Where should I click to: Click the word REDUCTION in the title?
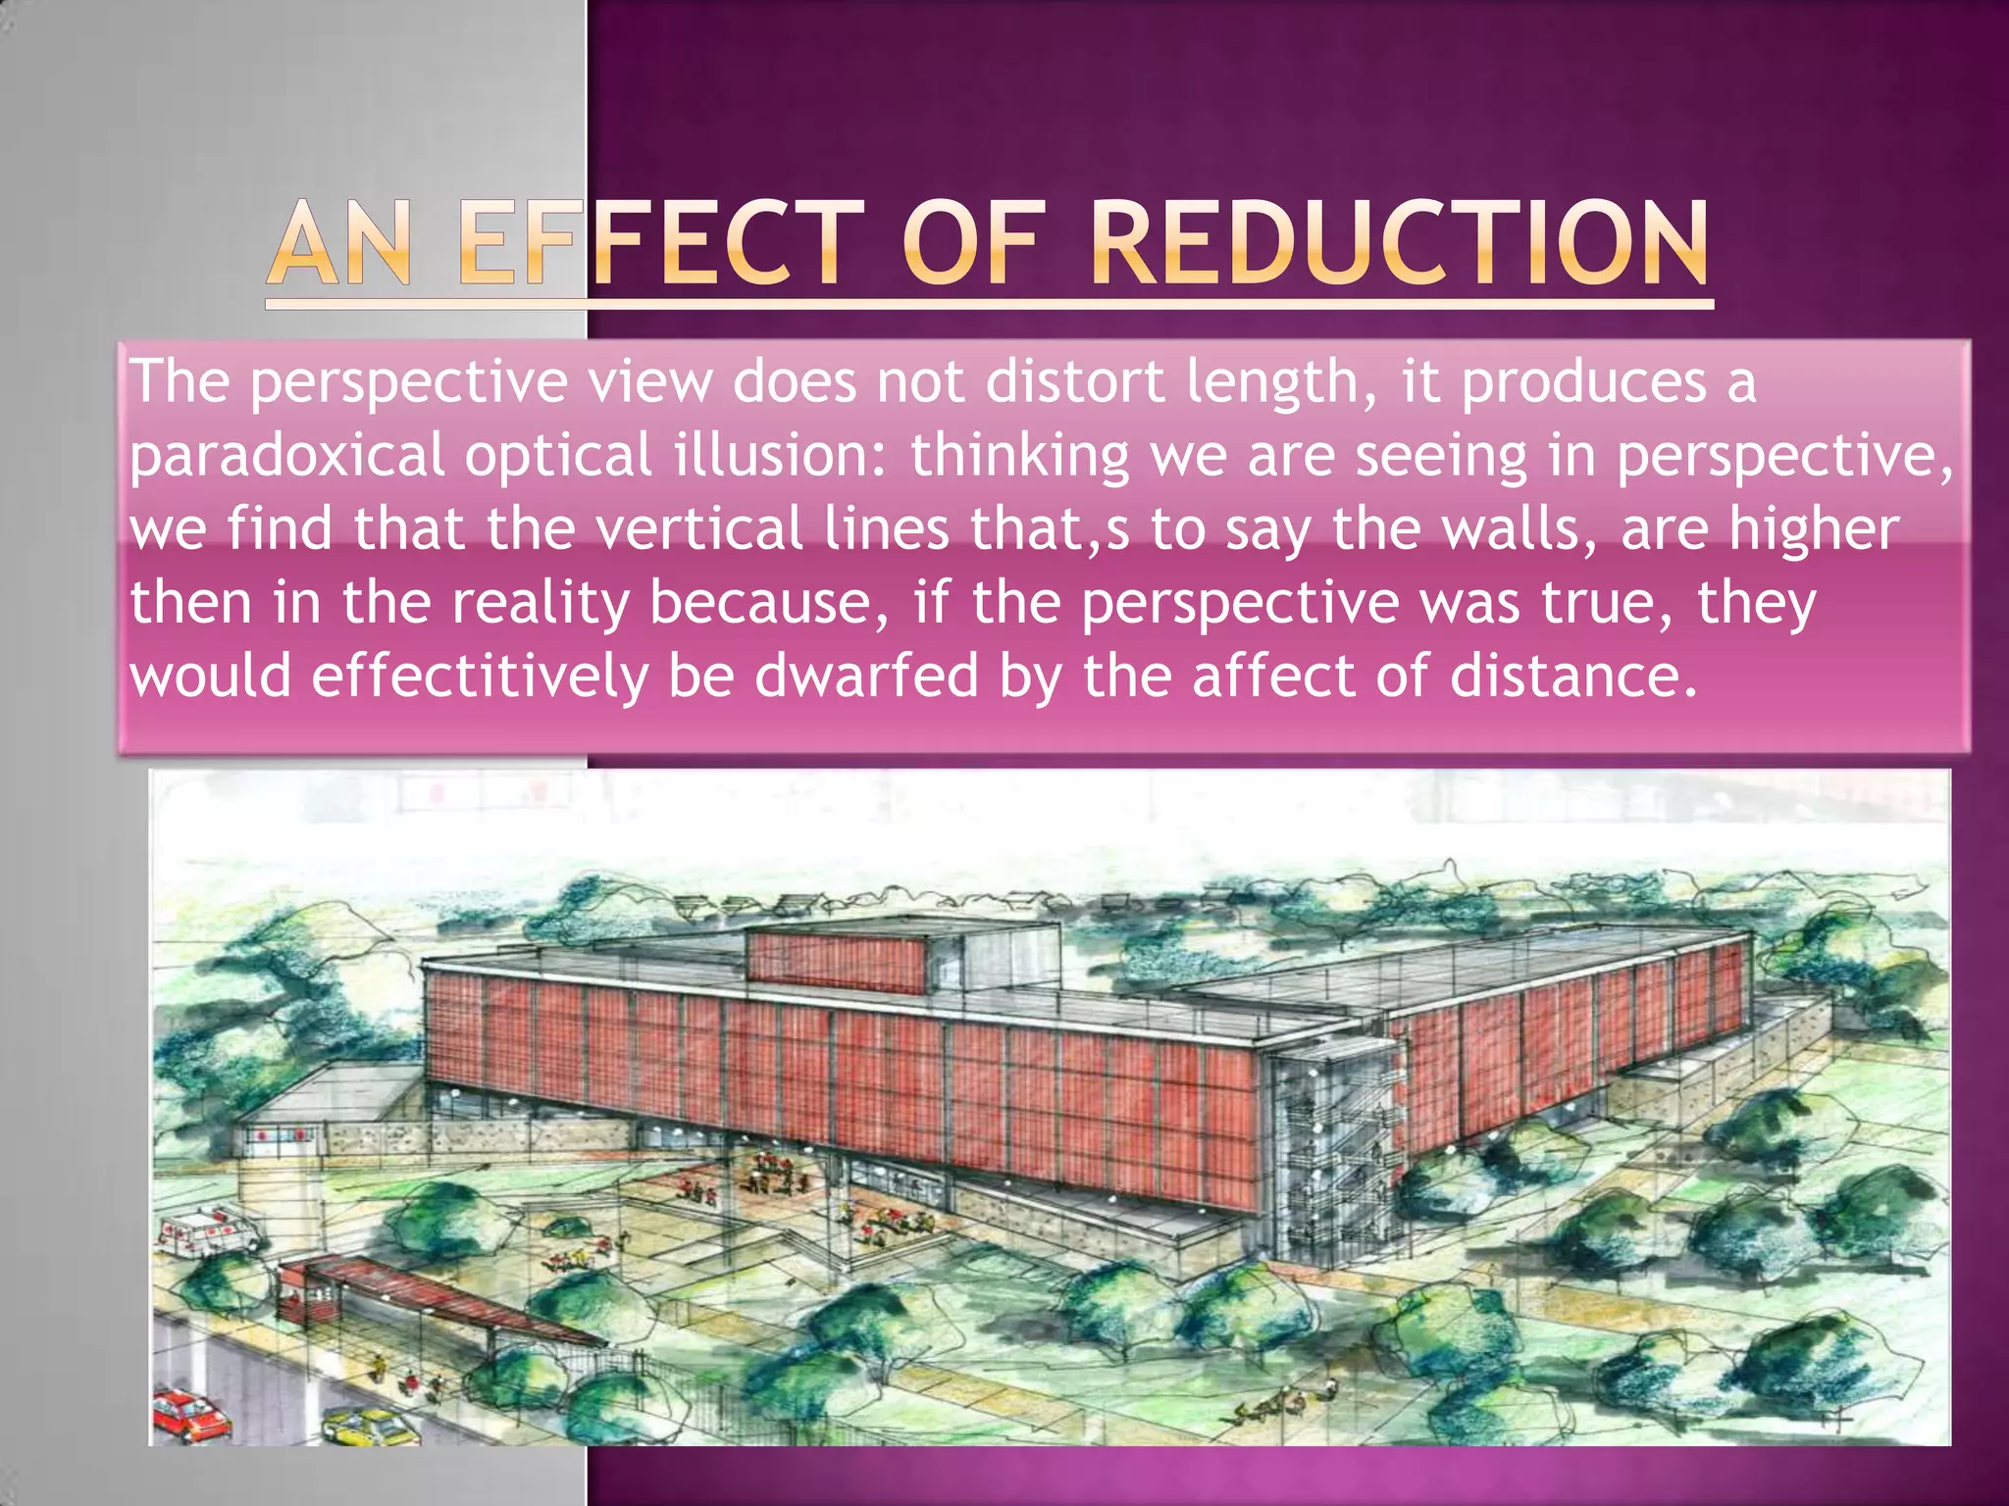pos(1400,243)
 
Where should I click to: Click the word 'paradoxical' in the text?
pos(287,457)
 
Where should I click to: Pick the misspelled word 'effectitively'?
pos(480,677)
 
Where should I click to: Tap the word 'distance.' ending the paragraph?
pos(1573,677)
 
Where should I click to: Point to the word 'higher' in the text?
pos(1813,529)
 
